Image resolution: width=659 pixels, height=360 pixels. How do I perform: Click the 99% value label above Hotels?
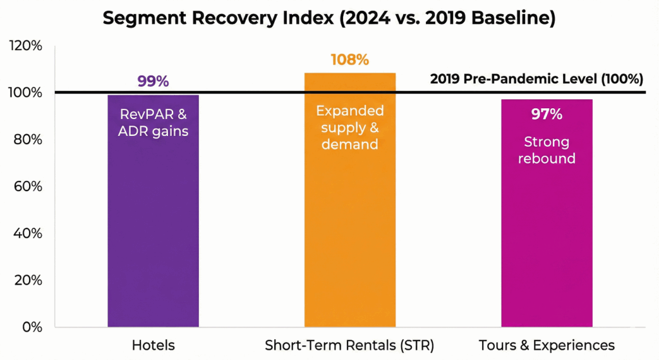[x=153, y=82]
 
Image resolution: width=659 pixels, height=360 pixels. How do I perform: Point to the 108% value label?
[x=349, y=60]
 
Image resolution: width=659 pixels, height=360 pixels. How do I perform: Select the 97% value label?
[x=546, y=115]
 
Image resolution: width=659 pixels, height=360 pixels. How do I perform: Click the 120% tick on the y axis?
[x=25, y=46]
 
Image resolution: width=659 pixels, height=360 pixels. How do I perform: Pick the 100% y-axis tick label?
[x=25, y=93]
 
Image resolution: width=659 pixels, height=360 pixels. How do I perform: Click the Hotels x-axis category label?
[x=153, y=346]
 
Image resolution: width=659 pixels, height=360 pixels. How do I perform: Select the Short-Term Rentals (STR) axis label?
[x=349, y=346]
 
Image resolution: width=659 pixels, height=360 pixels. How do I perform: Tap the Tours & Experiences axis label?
[x=546, y=346]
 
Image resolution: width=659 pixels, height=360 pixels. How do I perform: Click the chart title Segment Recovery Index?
[x=329, y=19]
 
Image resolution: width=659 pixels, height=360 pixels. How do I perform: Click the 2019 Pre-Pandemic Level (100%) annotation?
[x=536, y=80]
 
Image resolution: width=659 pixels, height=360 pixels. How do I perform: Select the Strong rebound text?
[x=546, y=150]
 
